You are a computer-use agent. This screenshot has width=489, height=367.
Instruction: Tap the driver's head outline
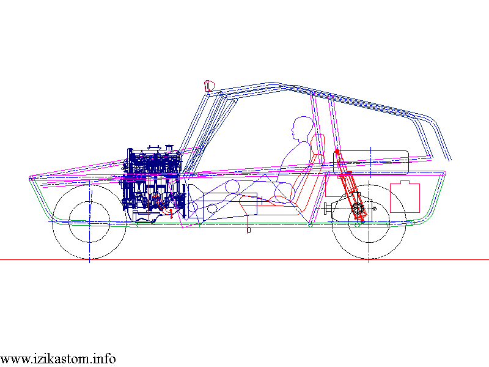300,129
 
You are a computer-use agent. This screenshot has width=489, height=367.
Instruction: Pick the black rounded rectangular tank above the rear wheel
371,161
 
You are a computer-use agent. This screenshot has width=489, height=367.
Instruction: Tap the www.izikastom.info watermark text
58,359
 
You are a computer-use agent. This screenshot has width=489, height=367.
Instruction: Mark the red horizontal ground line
244,260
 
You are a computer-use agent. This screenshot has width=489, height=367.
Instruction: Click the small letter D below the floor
249,231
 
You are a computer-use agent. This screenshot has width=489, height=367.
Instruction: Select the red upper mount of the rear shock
337,150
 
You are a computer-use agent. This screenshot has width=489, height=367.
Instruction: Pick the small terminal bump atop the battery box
405,182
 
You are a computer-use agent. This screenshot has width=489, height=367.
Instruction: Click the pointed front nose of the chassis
31,179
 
